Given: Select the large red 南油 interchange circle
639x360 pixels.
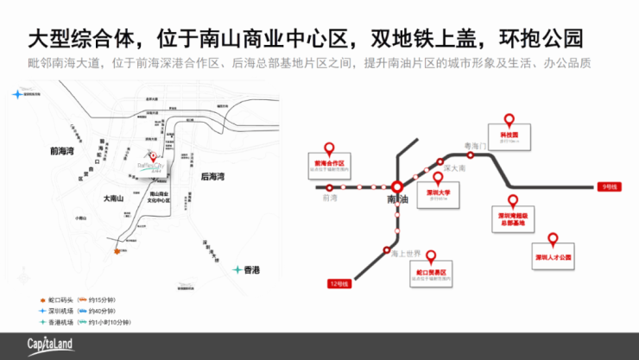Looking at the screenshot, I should click(x=396, y=186).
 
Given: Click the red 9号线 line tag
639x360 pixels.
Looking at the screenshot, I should click(x=609, y=186).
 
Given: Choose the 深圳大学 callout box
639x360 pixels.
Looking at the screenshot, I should click(x=437, y=195).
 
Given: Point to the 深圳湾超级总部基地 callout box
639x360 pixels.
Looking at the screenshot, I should click(x=513, y=216).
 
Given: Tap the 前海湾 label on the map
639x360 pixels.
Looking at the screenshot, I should click(x=63, y=149).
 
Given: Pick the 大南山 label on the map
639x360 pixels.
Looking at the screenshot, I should click(x=113, y=199).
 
